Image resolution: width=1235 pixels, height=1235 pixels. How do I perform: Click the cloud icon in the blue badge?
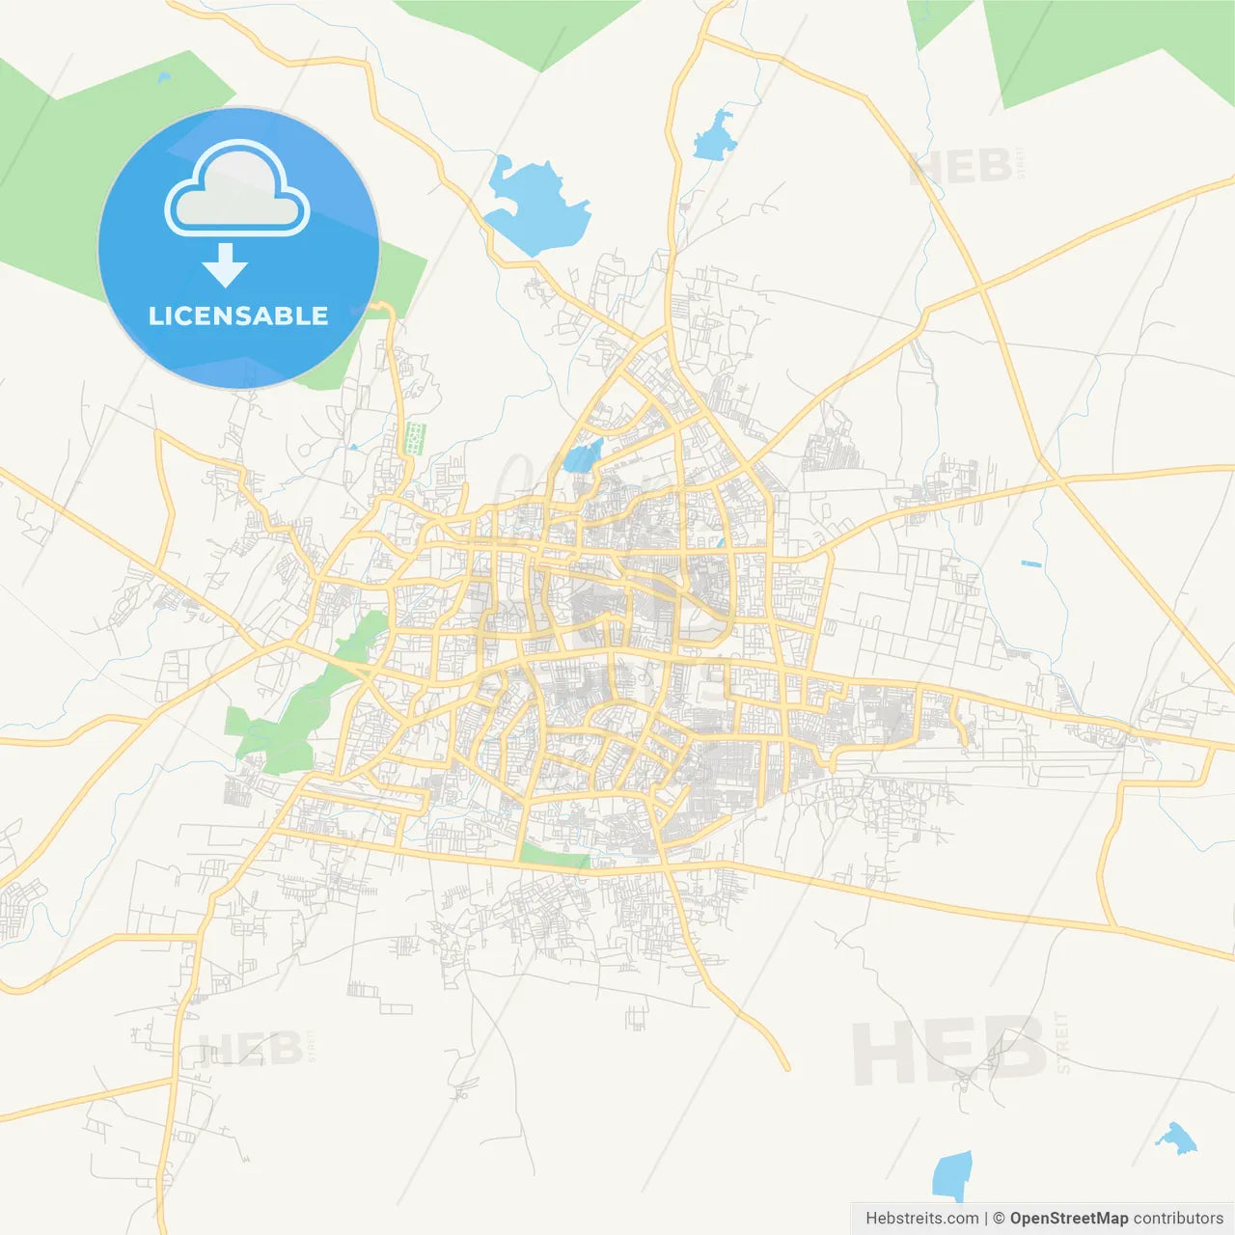point(237,189)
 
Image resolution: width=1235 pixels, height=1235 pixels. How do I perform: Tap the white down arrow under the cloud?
point(226,265)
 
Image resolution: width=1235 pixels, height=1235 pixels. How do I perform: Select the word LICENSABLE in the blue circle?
point(238,316)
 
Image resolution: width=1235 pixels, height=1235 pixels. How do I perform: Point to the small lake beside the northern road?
point(716,136)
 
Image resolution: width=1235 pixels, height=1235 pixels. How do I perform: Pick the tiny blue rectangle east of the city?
point(1031,563)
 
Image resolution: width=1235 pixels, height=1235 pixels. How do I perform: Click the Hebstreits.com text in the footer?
point(921,1219)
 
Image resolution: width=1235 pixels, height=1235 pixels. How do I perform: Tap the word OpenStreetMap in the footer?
point(1068,1219)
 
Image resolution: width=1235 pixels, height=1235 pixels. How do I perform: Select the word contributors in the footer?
point(1178,1219)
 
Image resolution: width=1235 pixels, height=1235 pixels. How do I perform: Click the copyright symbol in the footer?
point(999,1219)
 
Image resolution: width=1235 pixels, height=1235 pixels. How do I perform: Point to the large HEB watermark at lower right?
point(950,1050)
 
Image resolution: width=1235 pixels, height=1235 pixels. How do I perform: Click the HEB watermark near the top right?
point(961,166)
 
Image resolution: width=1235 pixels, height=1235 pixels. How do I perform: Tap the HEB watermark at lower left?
point(249,1048)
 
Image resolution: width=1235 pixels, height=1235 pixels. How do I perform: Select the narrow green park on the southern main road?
point(554,855)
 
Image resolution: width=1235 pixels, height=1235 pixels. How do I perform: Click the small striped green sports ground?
point(415,438)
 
